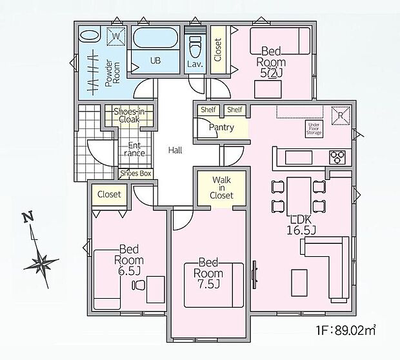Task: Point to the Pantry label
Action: [221, 128]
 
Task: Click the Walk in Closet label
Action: [215, 187]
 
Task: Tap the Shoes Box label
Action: [135, 174]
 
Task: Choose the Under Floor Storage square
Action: [314, 128]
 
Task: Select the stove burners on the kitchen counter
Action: [338, 155]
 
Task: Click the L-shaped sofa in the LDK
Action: [329, 265]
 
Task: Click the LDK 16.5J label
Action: [301, 224]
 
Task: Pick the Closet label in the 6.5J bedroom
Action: [109, 194]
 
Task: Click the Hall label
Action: [175, 150]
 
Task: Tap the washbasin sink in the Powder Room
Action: [89, 37]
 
